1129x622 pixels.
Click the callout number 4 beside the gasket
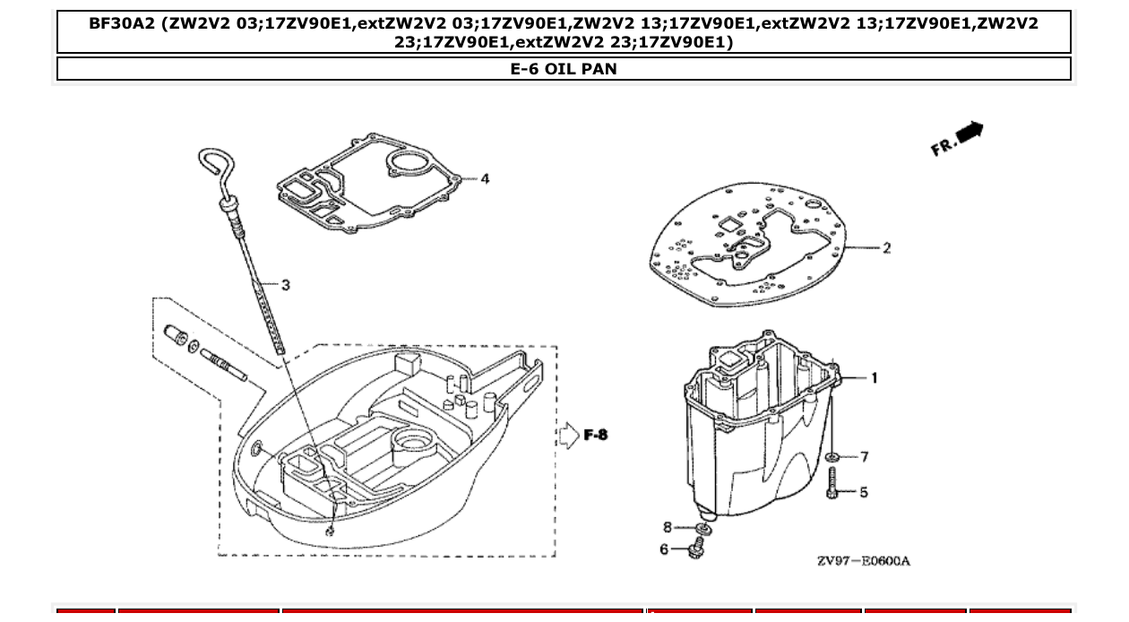(x=485, y=179)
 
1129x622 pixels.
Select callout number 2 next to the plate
(x=886, y=248)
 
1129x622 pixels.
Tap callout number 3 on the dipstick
(x=285, y=285)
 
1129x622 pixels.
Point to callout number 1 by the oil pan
(x=875, y=378)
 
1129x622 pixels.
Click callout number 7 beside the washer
(x=864, y=457)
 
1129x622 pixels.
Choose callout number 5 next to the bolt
(x=864, y=492)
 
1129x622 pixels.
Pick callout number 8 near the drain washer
(x=667, y=527)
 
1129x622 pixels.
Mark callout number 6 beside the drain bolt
(x=664, y=549)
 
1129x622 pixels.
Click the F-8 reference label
(x=596, y=435)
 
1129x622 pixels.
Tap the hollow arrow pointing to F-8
(x=570, y=436)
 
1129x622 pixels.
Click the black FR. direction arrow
(x=970, y=133)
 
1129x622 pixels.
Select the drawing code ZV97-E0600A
(x=863, y=561)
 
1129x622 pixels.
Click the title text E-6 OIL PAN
(x=564, y=68)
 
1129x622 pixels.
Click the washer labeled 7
(x=833, y=457)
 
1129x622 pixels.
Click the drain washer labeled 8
(x=702, y=531)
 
